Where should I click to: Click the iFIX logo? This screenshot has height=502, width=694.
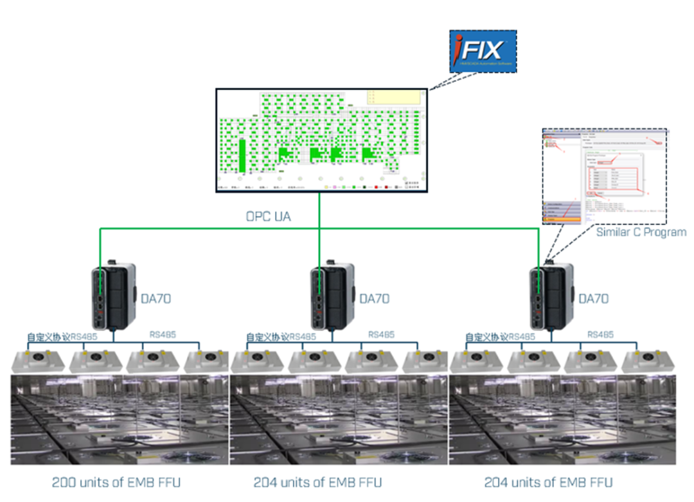483,51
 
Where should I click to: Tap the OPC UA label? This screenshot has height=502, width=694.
268,217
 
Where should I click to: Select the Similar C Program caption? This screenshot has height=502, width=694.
641,231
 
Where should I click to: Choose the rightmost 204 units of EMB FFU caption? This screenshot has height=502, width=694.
548,481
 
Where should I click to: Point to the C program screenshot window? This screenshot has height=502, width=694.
605,175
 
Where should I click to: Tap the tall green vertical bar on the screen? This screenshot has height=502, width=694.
242,156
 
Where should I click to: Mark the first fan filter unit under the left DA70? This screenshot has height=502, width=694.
38,361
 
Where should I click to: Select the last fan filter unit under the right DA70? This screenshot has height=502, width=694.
648,361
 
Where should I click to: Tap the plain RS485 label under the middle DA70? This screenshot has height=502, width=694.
381,334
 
